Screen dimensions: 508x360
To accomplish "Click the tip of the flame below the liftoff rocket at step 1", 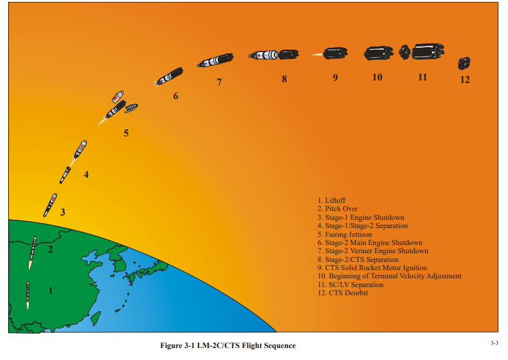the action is (28, 310).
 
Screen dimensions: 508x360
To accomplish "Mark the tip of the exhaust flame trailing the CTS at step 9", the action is (311, 55).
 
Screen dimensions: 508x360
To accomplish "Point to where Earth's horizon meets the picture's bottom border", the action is (277, 332).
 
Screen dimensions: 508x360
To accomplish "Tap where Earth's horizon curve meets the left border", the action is (9, 220).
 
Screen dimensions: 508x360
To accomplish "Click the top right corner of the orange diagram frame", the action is (499, 3).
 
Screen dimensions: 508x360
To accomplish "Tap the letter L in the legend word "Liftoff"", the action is (327, 200).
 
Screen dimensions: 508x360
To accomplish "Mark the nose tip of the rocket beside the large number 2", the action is (35, 237).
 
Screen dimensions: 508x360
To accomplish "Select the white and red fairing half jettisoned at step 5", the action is (117, 97).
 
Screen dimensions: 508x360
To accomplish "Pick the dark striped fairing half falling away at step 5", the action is (131, 108).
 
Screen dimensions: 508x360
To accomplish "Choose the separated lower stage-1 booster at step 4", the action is (65, 175).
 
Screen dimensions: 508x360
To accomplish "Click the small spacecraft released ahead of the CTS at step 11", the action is (404, 52).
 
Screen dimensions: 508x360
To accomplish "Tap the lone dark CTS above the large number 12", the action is (464, 63).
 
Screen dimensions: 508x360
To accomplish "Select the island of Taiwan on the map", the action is (95, 318).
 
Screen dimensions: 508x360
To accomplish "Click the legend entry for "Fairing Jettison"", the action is (345, 234).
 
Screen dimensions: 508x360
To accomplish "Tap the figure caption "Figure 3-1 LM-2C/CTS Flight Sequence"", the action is (228, 346).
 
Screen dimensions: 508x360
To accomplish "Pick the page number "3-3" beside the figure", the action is (494, 343).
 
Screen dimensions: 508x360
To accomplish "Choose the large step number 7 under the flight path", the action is (219, 82).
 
